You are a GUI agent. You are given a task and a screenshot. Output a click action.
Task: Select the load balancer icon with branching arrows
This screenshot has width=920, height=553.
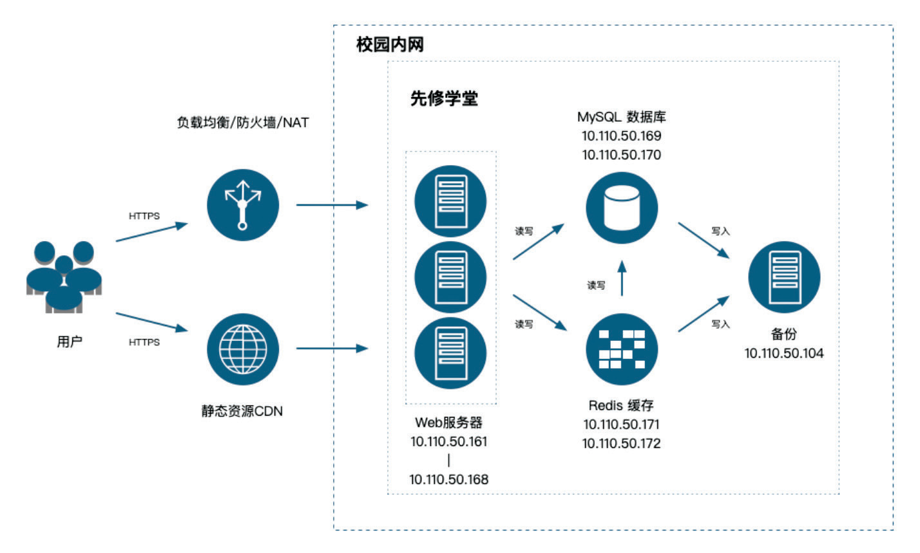click(243, 205)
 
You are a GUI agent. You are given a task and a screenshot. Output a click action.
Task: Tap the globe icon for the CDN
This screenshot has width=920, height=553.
click(243, 349)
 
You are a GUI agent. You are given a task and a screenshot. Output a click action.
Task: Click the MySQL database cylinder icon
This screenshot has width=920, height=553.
click(622, 208)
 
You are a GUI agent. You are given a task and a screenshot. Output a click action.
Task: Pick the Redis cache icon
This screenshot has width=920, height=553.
click(622, 349)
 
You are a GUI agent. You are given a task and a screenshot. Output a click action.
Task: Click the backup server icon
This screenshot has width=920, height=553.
click(784, 277)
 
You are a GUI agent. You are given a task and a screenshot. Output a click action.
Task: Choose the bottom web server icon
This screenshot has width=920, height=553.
click(450, 352)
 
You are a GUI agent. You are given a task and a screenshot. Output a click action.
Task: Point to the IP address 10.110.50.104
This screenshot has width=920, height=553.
click(784, 353)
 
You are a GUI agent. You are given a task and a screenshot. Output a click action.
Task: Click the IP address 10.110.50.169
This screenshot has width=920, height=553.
click(622, 136)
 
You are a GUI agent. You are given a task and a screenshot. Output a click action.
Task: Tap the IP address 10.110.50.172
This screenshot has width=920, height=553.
click(622, 443)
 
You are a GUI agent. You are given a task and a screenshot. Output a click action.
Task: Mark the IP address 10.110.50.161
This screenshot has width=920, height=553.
click(449, 441)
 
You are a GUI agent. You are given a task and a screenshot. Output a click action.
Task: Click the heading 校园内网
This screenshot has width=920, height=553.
click(390, 45)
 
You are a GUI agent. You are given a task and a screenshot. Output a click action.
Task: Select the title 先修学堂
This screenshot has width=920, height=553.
click(445, 99)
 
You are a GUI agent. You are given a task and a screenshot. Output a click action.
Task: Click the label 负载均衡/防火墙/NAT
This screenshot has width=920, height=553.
click(243, 122)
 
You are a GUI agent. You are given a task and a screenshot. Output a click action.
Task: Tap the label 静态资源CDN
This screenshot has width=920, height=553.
click(242, 411)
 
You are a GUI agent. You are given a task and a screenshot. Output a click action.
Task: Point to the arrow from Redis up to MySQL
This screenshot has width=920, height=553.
click(622, 278)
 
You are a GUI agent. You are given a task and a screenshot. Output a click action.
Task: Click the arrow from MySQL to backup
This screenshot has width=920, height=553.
click(703, 240)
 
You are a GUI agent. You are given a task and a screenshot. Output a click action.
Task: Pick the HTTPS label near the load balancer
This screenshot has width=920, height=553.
click(144, 216)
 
